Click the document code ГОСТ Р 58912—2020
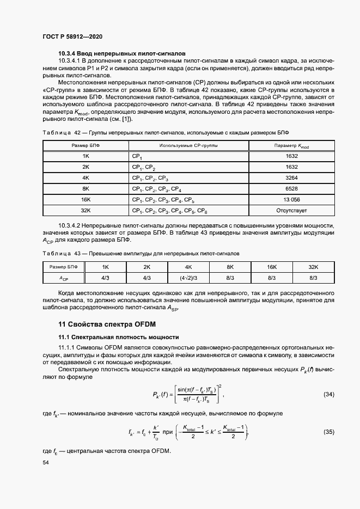click(x=72, y=36)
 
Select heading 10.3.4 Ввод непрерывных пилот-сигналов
click(x=123, y=53)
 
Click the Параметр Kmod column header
click(x=292, y=146)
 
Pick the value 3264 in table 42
click(x=292, y=178)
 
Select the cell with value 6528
click(x=292, y=189)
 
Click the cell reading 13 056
click(x=292, y=200)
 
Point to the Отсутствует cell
click(x=292, y=211)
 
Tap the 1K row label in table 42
click(x=86, y=156)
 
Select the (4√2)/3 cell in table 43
click(x=188, y=278)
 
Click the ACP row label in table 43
click(x=64, y=278)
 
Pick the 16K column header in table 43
click(x=271, y=267)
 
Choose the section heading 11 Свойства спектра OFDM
click(x=103, y=324)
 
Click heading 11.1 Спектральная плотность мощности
click(x=119, y=338)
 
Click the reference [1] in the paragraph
click(x=126, y=119)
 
